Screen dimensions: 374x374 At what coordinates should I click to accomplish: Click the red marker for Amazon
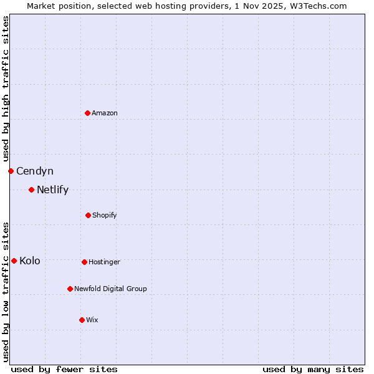pos(87,113)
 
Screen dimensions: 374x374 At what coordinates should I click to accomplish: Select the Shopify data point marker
pos(88,215)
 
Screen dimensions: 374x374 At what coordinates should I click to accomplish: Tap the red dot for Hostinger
pos(84,262)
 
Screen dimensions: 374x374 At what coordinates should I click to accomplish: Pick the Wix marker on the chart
pos(82,320)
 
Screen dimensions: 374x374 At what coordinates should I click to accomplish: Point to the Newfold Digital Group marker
pos(70,289)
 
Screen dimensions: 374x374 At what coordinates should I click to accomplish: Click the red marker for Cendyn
pos(11,171)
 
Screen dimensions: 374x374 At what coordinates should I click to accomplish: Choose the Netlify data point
pos(31,189)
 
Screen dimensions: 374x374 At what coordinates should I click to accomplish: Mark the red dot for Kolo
pos(14,261)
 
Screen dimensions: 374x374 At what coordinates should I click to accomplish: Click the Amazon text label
pos(105,113)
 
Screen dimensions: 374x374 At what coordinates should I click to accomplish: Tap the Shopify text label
pos(105,215)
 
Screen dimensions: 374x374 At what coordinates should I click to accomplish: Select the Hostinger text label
pos(104,262)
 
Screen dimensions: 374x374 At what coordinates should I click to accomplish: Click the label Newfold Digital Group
pos(110,289)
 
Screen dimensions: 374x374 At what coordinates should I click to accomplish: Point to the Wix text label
pos(92,320)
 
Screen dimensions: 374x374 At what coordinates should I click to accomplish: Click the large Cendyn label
pos(35,171)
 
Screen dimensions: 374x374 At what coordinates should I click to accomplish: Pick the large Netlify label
pos(52,189)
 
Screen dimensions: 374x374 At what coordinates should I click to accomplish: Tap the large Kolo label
pos(30,261)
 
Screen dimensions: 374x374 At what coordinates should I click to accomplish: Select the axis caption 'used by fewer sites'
pos(64,369)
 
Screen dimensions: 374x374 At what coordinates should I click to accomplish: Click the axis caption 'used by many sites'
pos(313,369)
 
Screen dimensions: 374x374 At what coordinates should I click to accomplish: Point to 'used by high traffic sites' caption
pos(6,89)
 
